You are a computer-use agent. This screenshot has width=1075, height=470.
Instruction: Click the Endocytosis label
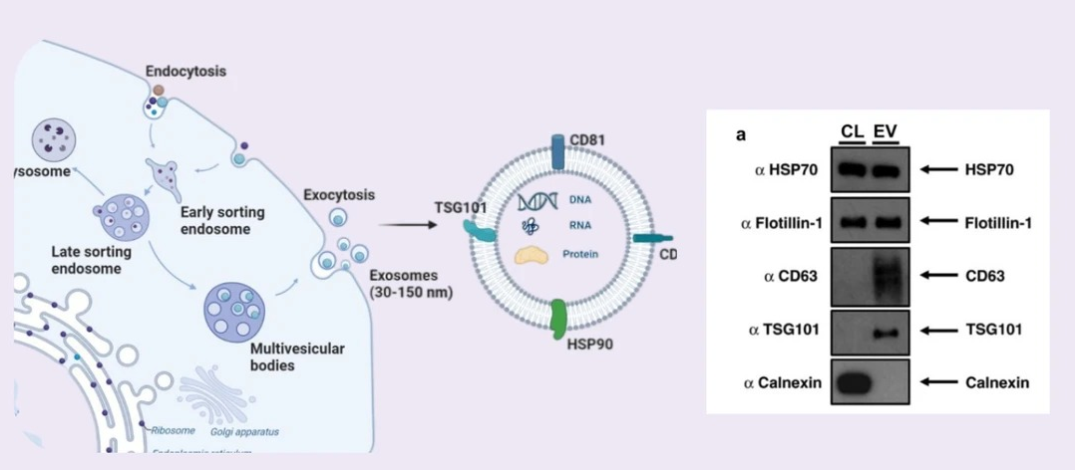click(x=185, y=72)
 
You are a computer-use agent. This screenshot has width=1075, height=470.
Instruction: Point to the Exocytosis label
click(x=339, y=194)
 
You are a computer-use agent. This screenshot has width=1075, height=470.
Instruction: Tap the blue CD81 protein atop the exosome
click(x=557, y=150)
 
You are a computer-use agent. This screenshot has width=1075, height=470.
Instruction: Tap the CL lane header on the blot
click(x=851, y=132)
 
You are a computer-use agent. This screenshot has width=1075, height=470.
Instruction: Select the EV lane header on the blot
click(x=885, y=132)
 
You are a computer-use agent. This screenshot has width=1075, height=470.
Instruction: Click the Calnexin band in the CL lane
click(x=851, y=382)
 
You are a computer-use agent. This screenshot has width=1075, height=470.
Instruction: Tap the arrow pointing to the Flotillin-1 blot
click(x=937, y=223)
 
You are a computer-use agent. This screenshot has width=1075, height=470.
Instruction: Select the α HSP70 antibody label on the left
click(x=788, y=170)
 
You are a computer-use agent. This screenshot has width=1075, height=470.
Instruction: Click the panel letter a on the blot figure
click(x=741, y=133)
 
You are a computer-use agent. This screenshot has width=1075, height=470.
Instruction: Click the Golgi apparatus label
click(x=244, y=431)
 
